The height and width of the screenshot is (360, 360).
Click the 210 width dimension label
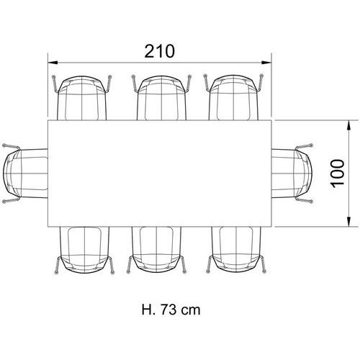[x=160, y=51]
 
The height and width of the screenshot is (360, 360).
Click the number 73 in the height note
[x=168, y=310]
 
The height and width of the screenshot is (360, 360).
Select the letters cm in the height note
[x=191, y=311]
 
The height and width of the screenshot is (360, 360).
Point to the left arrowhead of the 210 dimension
[x=53, y=63]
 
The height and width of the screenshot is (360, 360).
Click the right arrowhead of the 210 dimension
[x=266, y=63]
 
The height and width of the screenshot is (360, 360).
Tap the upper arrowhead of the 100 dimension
[x=349, y=125]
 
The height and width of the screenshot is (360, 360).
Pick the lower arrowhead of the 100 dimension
[x=349, y=221]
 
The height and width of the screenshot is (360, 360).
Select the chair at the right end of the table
[x=292, y=174]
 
